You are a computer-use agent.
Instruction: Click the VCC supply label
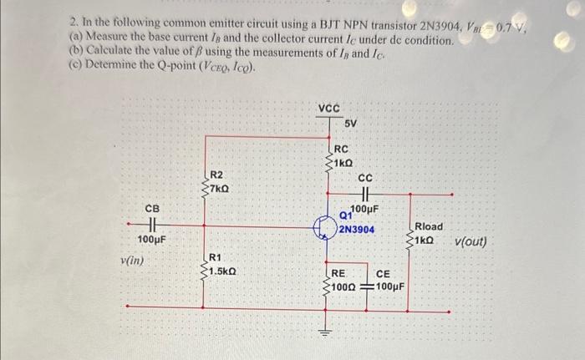click(x=328, y=108)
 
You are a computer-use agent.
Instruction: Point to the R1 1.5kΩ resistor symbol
click(x=203, y=265)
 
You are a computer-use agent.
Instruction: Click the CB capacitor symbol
click(x=152, y=224)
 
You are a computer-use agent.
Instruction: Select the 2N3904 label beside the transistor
click(x=357, y=229)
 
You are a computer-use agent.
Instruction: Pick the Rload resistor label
click(x=429, y=226)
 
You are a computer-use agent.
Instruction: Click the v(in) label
click(x=131, y=261)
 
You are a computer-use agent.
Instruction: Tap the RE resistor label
click(x=338, y=273)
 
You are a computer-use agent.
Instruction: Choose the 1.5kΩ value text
click(x=225, y=271)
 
